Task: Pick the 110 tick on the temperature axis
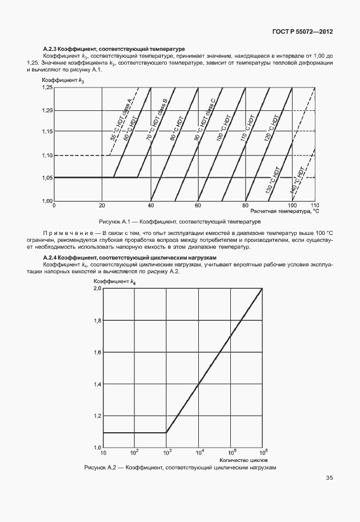point(314,205)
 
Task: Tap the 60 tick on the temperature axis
point(198,205)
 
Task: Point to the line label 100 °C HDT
point(222,128)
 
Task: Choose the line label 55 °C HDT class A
point(121,119)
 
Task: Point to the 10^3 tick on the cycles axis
point(167,452)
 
